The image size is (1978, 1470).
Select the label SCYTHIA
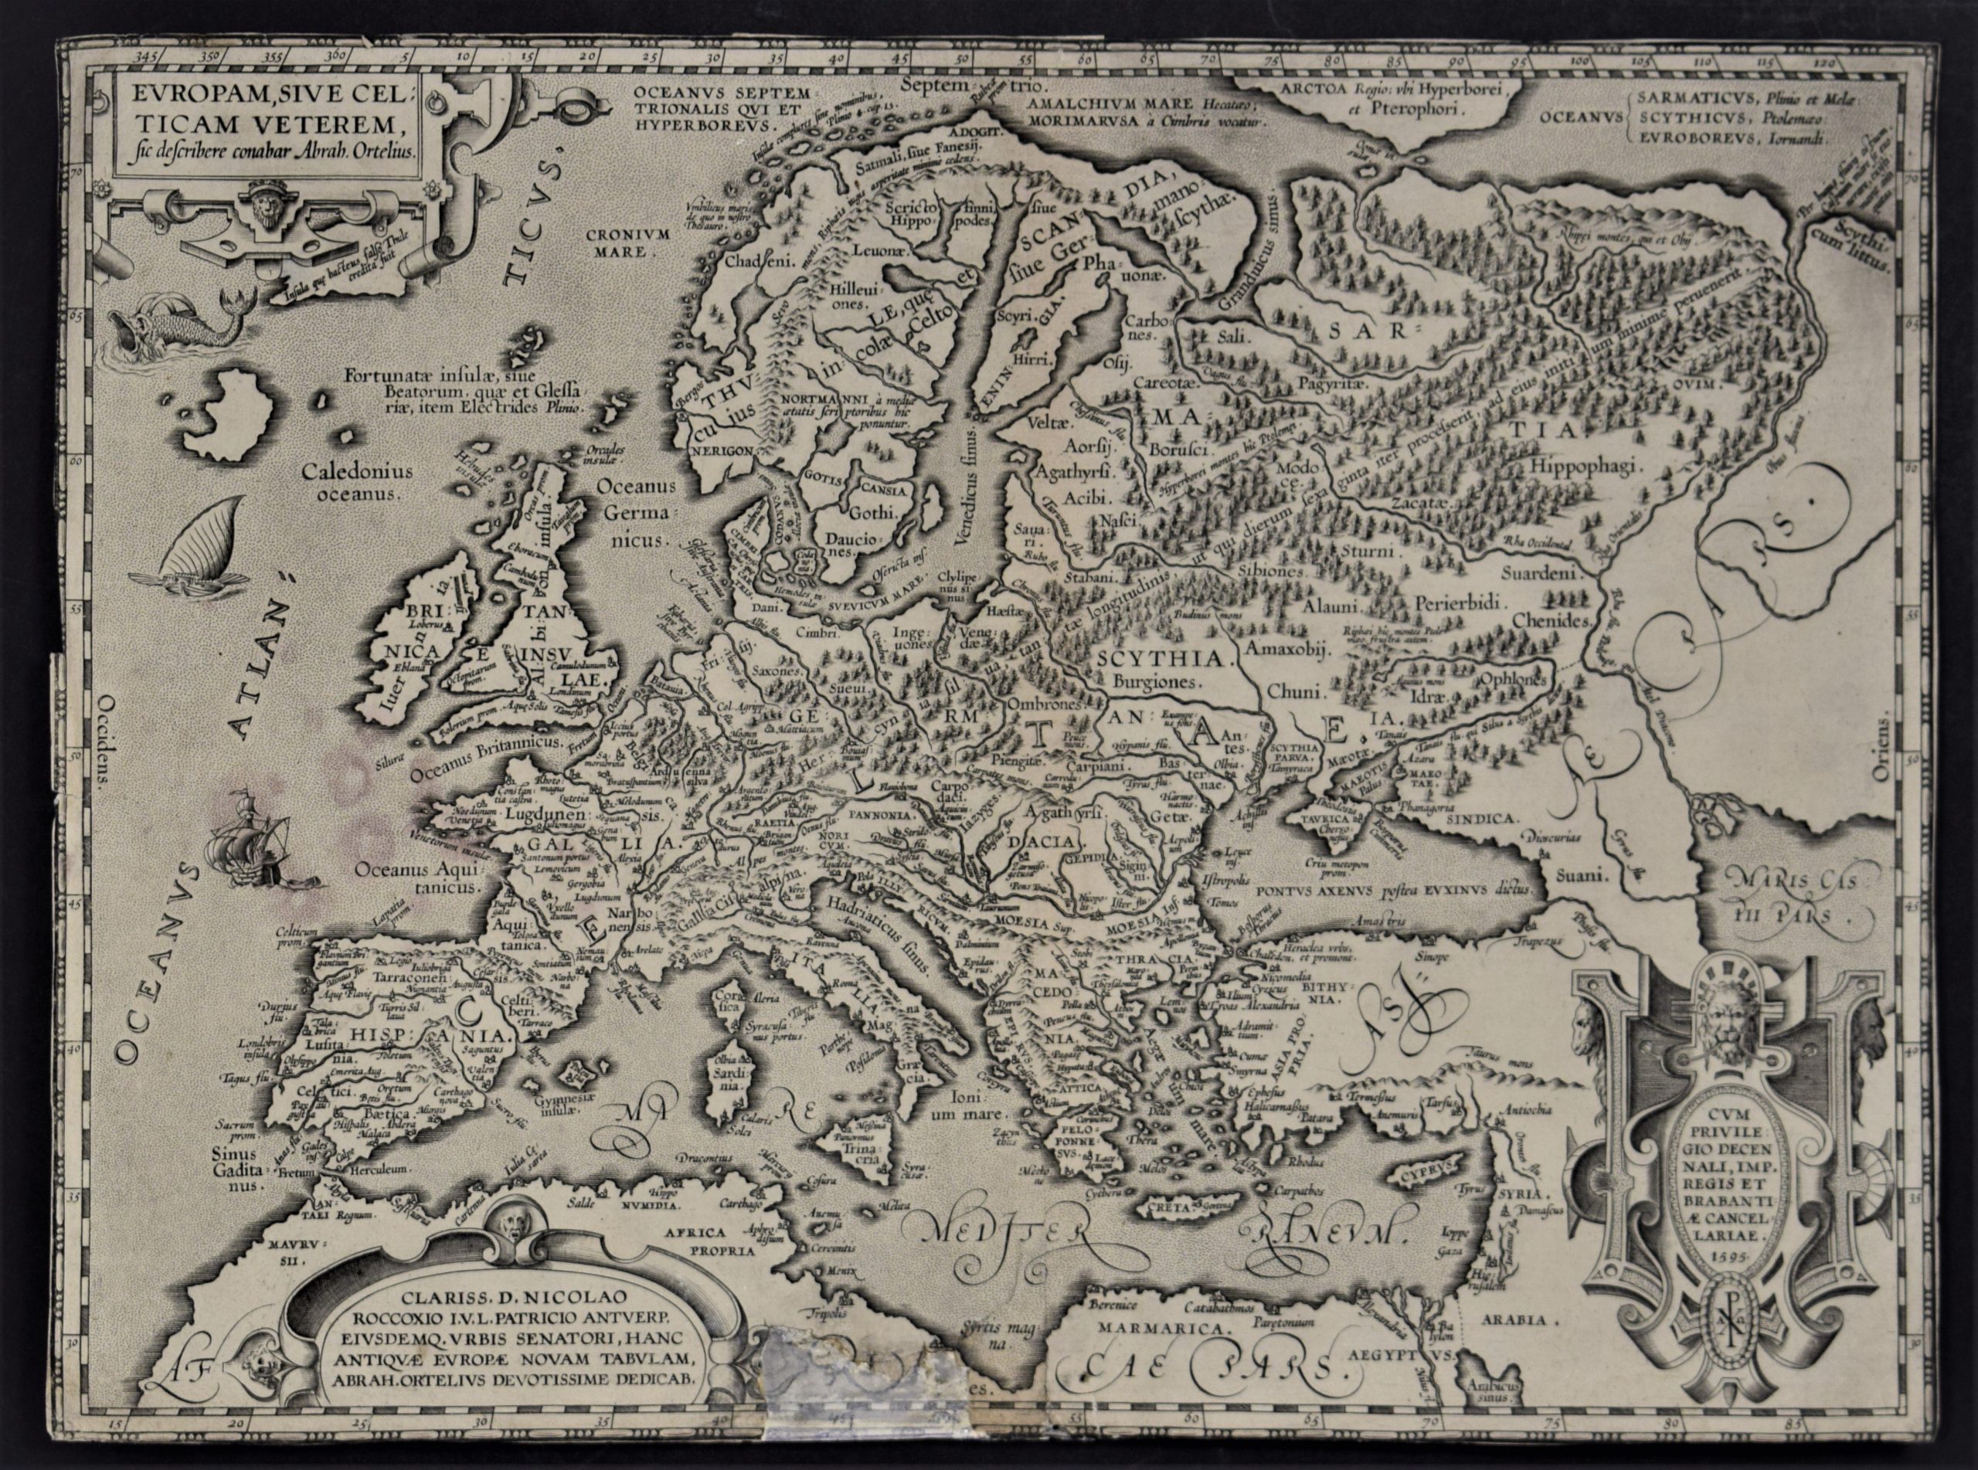(x=1154, y=660)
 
